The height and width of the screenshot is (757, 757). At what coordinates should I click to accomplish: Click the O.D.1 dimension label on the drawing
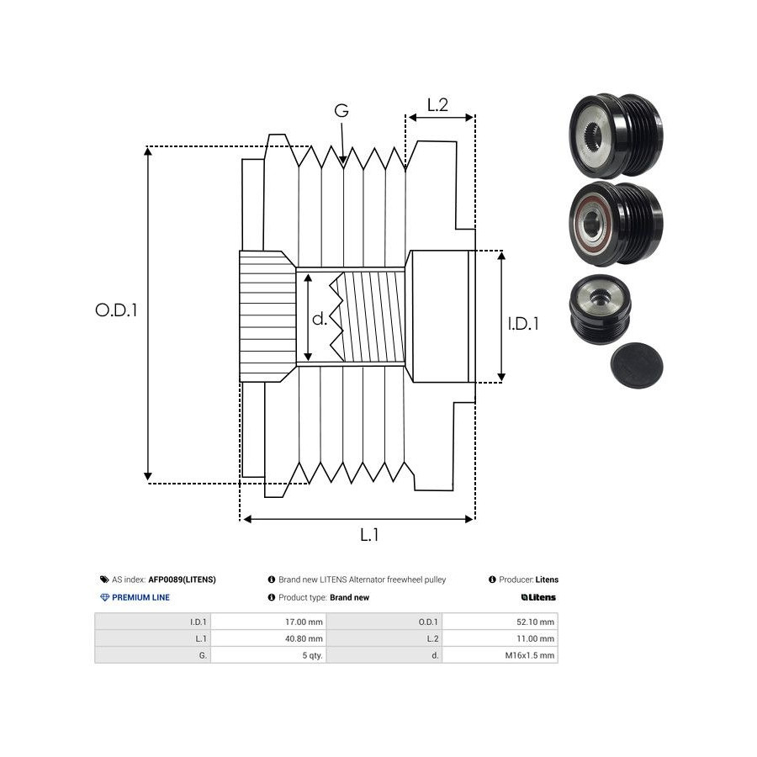(115, 310)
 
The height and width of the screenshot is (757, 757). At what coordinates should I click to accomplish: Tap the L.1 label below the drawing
(369, 534)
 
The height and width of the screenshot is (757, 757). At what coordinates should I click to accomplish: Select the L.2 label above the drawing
(437, 105)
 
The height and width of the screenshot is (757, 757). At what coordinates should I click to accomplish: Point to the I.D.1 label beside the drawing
(523, 322)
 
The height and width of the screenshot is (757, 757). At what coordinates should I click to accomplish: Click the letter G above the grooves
(341, 111)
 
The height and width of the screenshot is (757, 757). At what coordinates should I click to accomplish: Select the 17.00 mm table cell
(304, 622)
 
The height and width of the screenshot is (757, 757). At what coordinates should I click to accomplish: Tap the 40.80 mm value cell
(304, 638)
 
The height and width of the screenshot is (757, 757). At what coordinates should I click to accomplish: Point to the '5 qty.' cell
(313, 655)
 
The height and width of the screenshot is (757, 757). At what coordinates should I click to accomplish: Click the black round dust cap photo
(636, 364)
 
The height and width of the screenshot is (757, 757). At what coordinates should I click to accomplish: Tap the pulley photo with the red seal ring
(616, 223)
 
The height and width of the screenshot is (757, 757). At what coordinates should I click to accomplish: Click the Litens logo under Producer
(538, 597)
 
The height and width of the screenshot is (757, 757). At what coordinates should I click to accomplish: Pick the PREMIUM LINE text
(141, 597)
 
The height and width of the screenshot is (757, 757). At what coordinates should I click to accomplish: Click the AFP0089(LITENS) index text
(182, 580)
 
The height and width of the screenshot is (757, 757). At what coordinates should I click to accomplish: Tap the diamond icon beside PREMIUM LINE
(104, 597)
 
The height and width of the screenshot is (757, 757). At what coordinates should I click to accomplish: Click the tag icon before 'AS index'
(104, 580)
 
